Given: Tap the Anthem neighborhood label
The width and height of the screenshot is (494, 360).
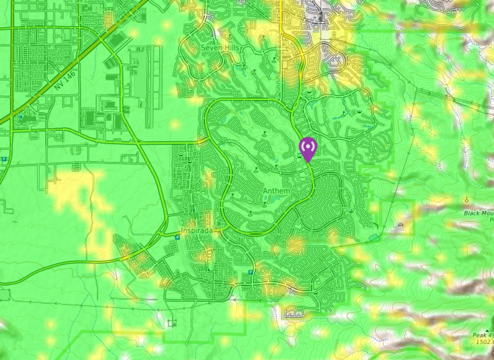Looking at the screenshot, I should point(276,191).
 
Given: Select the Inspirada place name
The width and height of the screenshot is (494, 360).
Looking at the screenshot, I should point(197,231).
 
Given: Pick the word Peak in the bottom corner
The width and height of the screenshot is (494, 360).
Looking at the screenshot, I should point(480,335).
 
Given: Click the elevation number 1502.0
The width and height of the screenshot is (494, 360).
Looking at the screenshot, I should point(484,341).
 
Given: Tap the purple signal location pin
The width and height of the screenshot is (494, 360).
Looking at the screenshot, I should point(307,148).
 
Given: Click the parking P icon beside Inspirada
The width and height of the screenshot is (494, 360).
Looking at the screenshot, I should point(177,237).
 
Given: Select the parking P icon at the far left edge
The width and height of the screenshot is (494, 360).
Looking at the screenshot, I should point(4,159).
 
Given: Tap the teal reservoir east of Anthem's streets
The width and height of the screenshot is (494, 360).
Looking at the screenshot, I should point(374,238).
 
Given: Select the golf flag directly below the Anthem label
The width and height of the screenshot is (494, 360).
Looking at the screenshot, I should point(264,205).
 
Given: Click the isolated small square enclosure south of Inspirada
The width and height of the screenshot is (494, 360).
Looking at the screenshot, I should point(172,323).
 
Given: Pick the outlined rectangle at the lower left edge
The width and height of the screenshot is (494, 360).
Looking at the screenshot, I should point(5,295).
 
